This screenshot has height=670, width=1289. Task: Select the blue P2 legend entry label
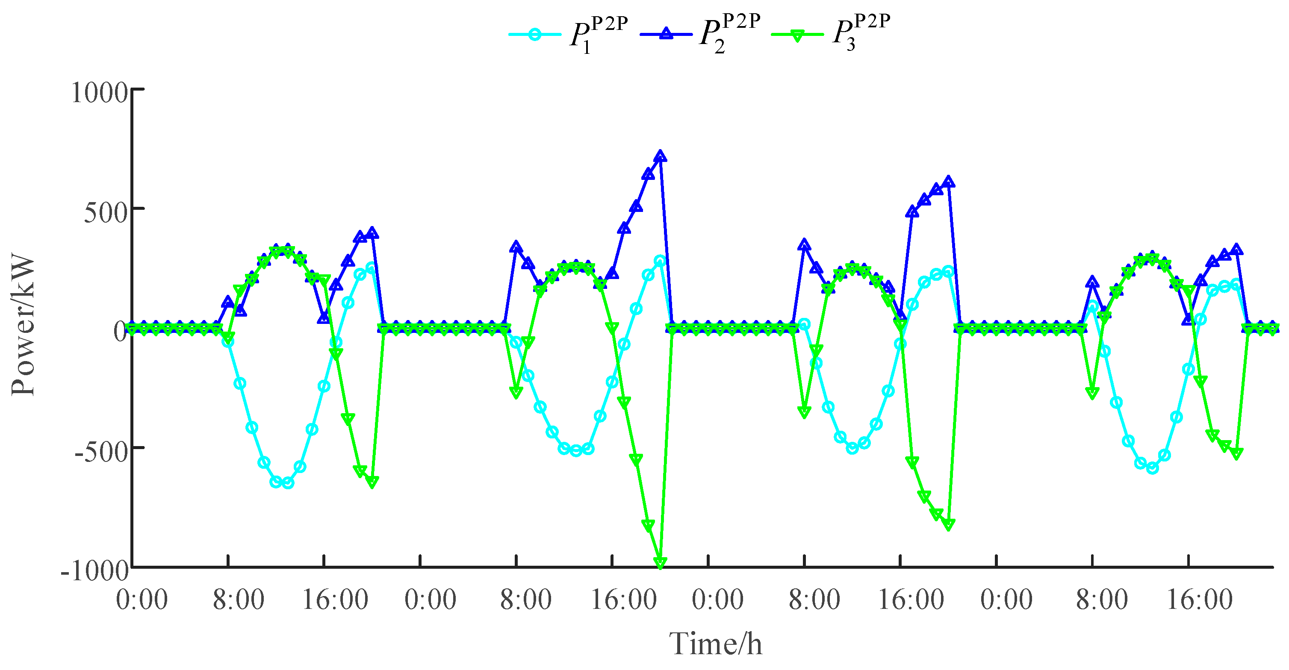[x=729, y=34]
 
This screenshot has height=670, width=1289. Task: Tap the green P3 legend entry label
[x=861, y=34]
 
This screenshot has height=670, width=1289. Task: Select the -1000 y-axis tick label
[x=95, y=570]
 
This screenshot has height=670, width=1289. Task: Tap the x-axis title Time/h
[x=716, y=644]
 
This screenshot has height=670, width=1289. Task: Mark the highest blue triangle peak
[x=661, y=156]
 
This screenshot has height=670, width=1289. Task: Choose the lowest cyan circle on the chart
[x=288, y=483]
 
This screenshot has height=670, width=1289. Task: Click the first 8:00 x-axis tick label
[x=238, y=600]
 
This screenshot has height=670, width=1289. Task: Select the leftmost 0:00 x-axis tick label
[x=142, y=600]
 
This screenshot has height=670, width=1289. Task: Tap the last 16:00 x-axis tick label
[x=1199, y=600]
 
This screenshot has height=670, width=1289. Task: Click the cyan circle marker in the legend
[x=534, y=35]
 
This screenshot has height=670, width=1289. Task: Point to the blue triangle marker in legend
[x=666, y=34]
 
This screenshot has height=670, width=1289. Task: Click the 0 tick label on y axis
[x=120, y=332]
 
